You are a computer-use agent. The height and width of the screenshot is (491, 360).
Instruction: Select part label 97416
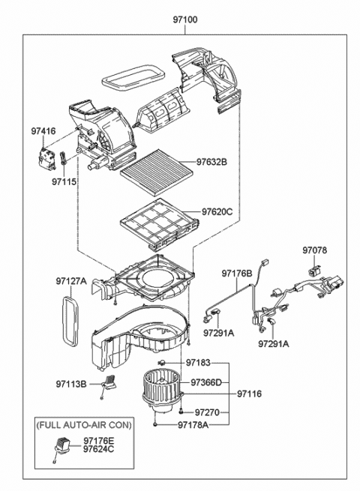43,132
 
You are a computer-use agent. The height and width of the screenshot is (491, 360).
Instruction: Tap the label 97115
65,181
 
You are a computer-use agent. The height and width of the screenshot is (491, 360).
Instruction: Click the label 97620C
217,211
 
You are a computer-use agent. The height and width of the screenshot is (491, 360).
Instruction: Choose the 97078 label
316,250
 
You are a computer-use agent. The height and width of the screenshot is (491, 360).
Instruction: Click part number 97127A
71,282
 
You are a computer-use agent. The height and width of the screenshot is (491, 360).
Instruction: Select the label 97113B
72,384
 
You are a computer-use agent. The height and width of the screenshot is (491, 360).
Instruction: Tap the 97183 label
199,363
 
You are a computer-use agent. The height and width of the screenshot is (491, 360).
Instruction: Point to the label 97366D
205,382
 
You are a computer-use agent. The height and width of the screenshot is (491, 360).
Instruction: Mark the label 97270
207,412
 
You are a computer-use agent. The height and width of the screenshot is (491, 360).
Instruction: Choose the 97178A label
193,425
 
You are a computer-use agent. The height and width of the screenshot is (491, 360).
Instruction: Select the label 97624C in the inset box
99,449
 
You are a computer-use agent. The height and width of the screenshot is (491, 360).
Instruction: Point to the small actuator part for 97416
46,159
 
